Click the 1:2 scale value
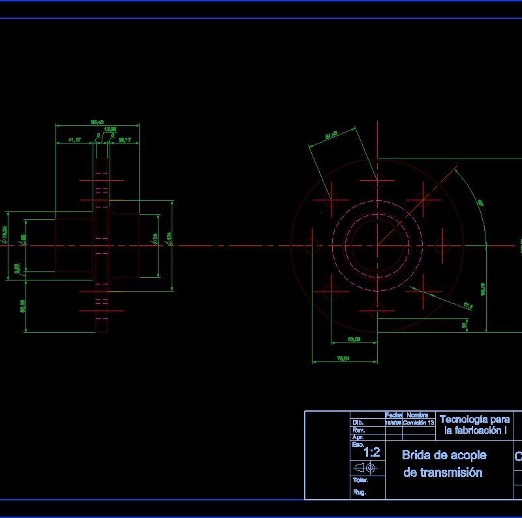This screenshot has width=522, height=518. pyautogui.click(x=371, y=452)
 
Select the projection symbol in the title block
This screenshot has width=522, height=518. pyautogui.click(x=366, y=468)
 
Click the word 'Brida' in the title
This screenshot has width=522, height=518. pyautogui.click(x=418, y=455)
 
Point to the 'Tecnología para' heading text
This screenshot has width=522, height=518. pyautogui.click(x=474, y=419)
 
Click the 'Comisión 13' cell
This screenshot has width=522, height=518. pyautogui.click(x=418, y=423)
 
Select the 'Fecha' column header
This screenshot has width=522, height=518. pyautogui.click(x=393, y=416)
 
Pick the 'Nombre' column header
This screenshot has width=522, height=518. pyautogui.click(x=418, y=416)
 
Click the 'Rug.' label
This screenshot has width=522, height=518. pyautogui.click(x=360, y=493)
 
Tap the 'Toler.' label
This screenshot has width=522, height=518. pyautogui.click(x=361, y=480)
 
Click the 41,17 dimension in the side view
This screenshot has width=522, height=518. pyautogui.click(x=74, y=140)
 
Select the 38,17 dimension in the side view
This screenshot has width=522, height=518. pyautogui.click(x=125, y=140)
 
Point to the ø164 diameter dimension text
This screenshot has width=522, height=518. pyautogui.click(x=169, y=239)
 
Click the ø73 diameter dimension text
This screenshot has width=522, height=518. pyautogui.click(x=155, y=239)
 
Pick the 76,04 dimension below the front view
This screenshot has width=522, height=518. pyautogui.click(x=343, y=358)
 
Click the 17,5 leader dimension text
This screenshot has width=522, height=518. pyautogui.click(x=468, y=305)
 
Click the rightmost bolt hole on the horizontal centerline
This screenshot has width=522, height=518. pyautogui.click(x=442, y=245)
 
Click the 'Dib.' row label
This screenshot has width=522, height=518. pyautogui.click(x=358, y=423)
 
